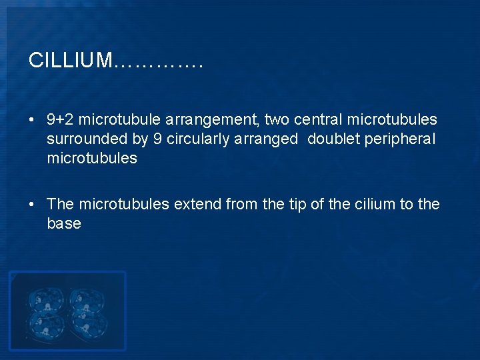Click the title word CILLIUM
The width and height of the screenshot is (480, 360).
point(71,61)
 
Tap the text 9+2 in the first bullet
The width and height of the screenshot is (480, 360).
point(60,120)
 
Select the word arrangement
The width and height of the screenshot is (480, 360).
point(222,120)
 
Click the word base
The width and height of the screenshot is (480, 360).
point(64,223)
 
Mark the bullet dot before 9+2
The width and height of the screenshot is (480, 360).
point(32,121)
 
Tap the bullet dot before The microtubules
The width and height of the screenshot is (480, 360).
point(32,205)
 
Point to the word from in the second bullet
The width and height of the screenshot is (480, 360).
point(242,204)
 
